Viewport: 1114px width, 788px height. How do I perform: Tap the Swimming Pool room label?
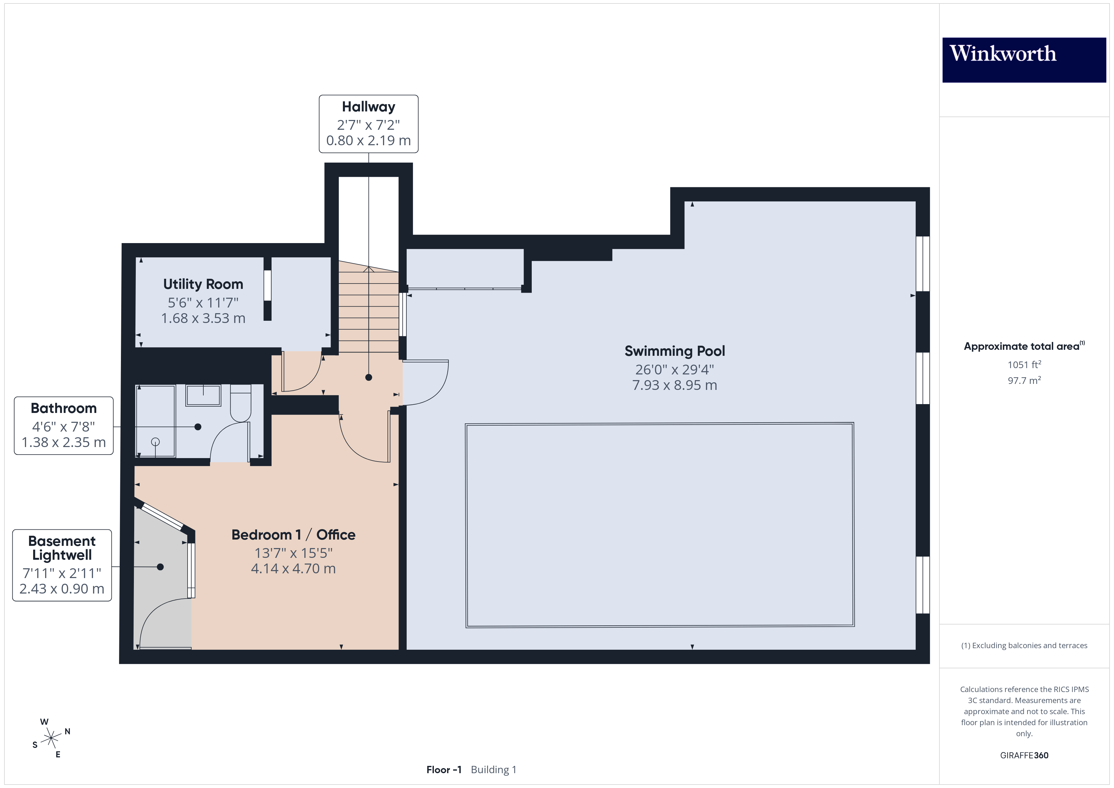[674, 351]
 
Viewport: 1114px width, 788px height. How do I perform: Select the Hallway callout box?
[368, 124]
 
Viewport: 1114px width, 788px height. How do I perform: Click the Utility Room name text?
[203, 284]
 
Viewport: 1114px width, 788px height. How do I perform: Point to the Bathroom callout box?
[63, 426]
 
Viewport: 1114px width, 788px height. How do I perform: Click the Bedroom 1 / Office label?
[293, 535]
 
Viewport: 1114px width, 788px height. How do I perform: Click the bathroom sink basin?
[203, 396]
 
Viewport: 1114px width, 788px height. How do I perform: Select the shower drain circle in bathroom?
[155, 442]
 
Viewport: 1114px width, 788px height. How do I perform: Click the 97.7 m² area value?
[1024, 380]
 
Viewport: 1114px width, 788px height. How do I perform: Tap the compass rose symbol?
[51, 738]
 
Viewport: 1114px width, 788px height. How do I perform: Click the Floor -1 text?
[443, 770]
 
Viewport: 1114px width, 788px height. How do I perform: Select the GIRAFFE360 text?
[1024, 755]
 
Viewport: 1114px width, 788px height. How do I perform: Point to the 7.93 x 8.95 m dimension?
[674, 385]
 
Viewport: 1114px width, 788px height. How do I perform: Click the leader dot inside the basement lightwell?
[160, 567]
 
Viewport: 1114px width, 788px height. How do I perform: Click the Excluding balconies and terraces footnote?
[1024, 645]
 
